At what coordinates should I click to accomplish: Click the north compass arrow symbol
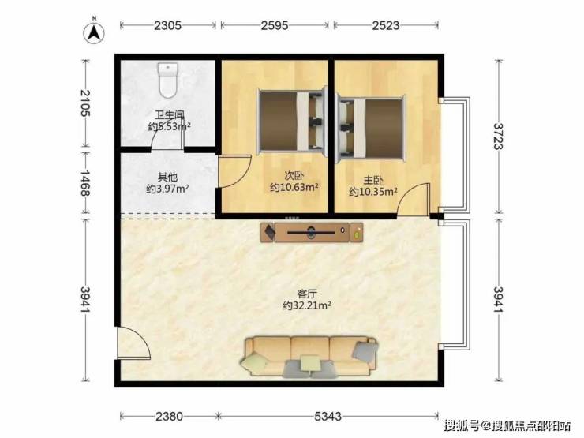tap(94, 32)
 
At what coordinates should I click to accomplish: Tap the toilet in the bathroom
tap(168, 80)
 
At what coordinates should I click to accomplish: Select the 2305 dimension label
tap(167, 25)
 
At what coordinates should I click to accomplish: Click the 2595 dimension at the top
tap(275, 25)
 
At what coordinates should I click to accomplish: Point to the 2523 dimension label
tap(386, 25)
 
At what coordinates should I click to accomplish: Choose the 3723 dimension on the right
tap(498, 137)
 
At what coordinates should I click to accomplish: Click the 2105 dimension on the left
tap(85, 103)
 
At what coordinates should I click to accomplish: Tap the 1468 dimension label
tap(85, 183)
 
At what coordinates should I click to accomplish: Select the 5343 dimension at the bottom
tap(328, 416)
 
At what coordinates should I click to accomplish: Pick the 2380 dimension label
tap(169, 416)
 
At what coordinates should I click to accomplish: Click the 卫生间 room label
tap(170, 114)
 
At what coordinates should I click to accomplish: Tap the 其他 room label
tap(167, 176)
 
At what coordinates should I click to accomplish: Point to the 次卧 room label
tap(294, 175)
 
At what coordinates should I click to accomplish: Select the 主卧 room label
tap(373, 180)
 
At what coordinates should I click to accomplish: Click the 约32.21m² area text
tap(307, 305)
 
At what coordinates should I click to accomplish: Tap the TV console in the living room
tap(312, 232)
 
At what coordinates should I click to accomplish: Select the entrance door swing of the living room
tap(133, 343)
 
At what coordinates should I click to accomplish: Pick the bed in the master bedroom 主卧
tap(370, 128)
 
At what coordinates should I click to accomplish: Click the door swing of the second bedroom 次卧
tap(234, 172)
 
